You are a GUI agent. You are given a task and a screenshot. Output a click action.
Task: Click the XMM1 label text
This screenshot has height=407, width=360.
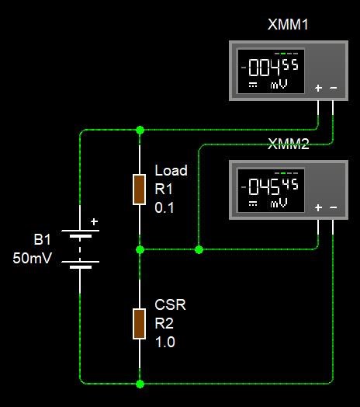coord(288,25)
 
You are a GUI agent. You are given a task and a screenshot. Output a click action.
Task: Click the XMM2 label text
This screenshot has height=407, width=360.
coord(288,144)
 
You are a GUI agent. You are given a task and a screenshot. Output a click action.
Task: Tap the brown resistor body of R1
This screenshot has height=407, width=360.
coord(140,190)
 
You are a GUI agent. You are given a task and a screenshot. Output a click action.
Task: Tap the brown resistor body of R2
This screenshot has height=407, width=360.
coord(140,324)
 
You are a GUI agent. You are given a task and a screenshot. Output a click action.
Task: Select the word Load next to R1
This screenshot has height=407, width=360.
coord(171,171)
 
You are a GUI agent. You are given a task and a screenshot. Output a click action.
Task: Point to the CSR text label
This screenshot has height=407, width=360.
coord(170,304)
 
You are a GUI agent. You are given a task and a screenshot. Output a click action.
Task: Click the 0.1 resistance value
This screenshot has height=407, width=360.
coord(164,207)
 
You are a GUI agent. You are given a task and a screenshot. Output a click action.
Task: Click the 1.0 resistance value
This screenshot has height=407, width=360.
coord(165,342)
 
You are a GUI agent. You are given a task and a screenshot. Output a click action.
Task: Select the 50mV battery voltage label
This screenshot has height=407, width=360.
coord(32,258)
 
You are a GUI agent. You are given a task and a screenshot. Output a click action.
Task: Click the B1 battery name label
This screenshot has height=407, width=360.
coord(42,239)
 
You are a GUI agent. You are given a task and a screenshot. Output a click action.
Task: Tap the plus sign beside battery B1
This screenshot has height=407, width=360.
coord(94,221)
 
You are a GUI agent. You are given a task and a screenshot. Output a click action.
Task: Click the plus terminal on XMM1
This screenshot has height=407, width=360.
coord(318,88)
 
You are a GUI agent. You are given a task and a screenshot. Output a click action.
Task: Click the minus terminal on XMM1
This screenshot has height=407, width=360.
coord(334,88)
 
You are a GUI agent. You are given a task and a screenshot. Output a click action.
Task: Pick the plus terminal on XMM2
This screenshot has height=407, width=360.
coord(318,207)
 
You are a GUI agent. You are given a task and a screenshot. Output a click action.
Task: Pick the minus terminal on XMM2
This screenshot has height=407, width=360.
coord(334,207)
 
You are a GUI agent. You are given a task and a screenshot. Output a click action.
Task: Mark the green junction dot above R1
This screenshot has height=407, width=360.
coord(140,130)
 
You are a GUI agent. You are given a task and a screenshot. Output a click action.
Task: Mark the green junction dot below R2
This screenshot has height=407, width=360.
coord(140,384)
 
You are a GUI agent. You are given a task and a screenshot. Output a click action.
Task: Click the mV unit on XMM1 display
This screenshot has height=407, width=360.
coord(279,85)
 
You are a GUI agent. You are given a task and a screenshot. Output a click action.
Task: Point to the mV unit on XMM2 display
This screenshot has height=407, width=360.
coord(279,203)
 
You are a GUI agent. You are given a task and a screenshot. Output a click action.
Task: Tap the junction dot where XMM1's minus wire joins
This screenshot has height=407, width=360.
coord(199,249)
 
